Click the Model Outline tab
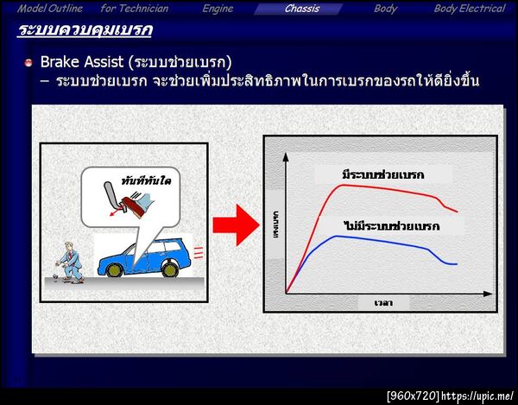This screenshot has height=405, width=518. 51,9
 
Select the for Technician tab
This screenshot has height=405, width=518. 135,9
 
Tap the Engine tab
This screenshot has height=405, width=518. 218,9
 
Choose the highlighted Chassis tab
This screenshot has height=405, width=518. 302,9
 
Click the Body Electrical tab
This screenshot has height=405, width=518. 469,9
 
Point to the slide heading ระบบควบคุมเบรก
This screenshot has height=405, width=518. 85,32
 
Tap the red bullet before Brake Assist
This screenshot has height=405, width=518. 28,64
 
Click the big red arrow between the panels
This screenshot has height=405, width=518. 235,226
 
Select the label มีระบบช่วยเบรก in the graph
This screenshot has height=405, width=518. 383,175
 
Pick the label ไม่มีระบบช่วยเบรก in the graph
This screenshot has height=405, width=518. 391,226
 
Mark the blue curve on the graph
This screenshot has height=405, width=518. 363,239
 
